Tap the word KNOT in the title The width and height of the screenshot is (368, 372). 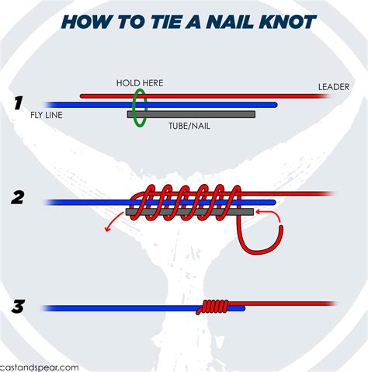[287, 21]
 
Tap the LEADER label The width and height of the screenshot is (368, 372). [333, 86]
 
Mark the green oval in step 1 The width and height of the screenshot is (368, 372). [139, 106]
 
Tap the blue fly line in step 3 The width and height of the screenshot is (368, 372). [116, 308]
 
